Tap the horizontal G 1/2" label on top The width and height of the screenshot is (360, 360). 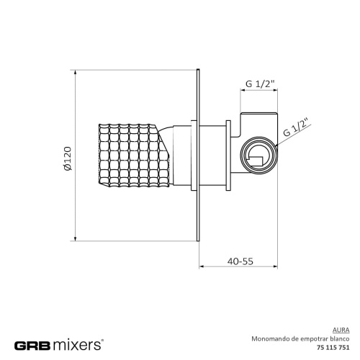(258, 85)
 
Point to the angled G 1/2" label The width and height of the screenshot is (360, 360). (296, 128)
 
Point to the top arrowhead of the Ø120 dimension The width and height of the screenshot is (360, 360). (76, 73)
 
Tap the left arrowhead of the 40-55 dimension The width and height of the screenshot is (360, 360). (202, 268)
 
